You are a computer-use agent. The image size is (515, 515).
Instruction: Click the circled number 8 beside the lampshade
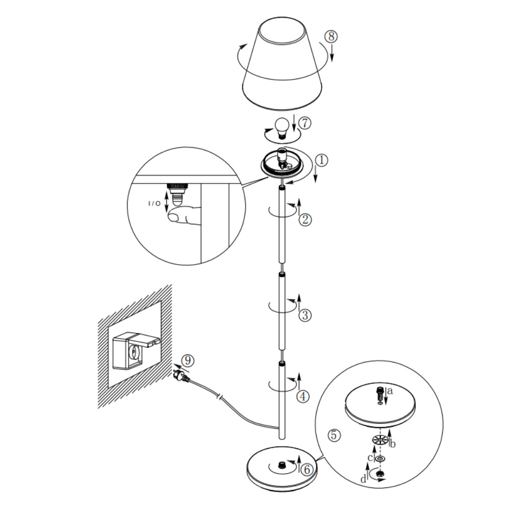click(331, 37)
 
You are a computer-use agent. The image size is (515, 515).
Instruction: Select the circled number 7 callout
click(304, 123)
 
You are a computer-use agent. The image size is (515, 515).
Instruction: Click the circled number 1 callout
click(321, 160)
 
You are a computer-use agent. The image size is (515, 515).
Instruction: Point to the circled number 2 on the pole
click(305, 220)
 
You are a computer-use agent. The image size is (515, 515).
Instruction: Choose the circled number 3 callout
click(305, 315)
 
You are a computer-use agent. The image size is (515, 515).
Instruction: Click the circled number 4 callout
click(303, 396)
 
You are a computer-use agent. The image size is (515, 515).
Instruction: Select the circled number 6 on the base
click(305, 470)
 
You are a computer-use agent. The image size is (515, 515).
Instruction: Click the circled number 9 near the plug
click(188, 360)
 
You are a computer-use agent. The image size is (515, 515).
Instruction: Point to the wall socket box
click(132, 349)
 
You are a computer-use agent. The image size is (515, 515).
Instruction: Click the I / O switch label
click(154, 204)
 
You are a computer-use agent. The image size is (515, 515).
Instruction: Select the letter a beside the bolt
click(390, 392)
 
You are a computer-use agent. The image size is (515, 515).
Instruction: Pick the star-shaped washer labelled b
click(378, 439)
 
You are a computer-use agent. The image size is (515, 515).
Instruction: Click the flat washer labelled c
click(380, 459)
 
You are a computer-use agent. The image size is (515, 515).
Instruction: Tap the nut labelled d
click(380, 475)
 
